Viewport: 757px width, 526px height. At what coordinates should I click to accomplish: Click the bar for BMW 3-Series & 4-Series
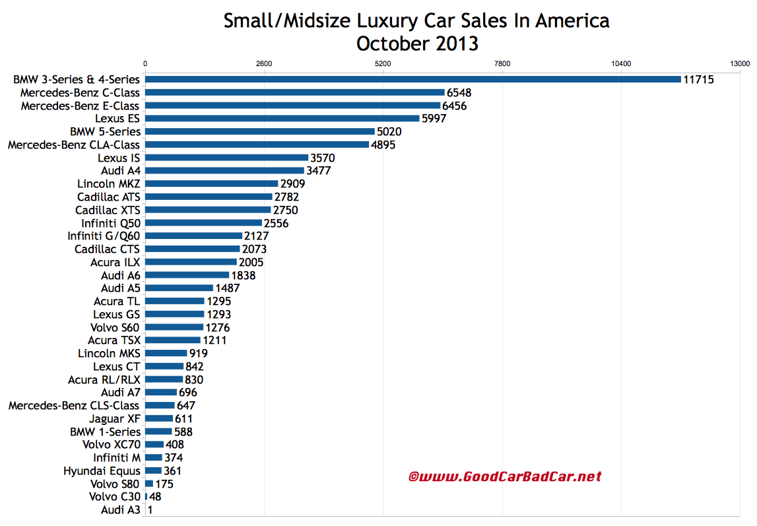pyautogui.click(x=412, y=79)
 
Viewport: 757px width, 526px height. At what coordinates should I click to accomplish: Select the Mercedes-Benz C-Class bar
pyautogui.click(x=294, y=92)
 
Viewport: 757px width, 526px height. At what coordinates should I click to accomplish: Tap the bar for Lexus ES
pyautogui.click(x=282, y=118)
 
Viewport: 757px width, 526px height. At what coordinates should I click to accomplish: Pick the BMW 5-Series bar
pyautogui.click(x=259, y=131)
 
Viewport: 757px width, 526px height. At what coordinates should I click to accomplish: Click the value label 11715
pyautogui.click(x=699, y=79)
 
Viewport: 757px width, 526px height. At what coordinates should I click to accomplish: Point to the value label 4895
pyautogui.click(x=383, y=145)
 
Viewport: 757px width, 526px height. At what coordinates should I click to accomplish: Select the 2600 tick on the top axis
pyautogui.click(x=264, y=64)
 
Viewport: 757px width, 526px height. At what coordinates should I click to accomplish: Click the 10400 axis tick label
pyautogui.click(x=621, y=64)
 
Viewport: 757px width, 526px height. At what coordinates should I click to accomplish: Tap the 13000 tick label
pyautogui.click(x=740, y=64)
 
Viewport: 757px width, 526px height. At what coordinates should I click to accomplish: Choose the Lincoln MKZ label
pyautogui.click(x=108, y=183)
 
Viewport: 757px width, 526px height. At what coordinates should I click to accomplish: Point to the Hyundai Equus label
pyautogui.click(x=102, y=471)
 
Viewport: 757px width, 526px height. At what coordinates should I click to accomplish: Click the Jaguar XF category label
pyautogui.click(x=115, y=418)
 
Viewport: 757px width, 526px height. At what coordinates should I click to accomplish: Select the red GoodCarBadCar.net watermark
pyautogui.click(x=505, y=476)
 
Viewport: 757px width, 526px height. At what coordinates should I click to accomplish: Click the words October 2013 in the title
pyautogui.click(x=416, y=44)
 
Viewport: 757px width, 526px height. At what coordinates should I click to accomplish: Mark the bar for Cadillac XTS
pyautogui.click(x=208, y=210)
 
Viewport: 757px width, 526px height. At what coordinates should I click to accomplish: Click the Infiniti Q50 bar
pyautogui.click(x=203, y=223)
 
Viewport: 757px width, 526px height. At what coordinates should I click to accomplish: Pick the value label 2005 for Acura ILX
pyautogui.click(x=251, y=262)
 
